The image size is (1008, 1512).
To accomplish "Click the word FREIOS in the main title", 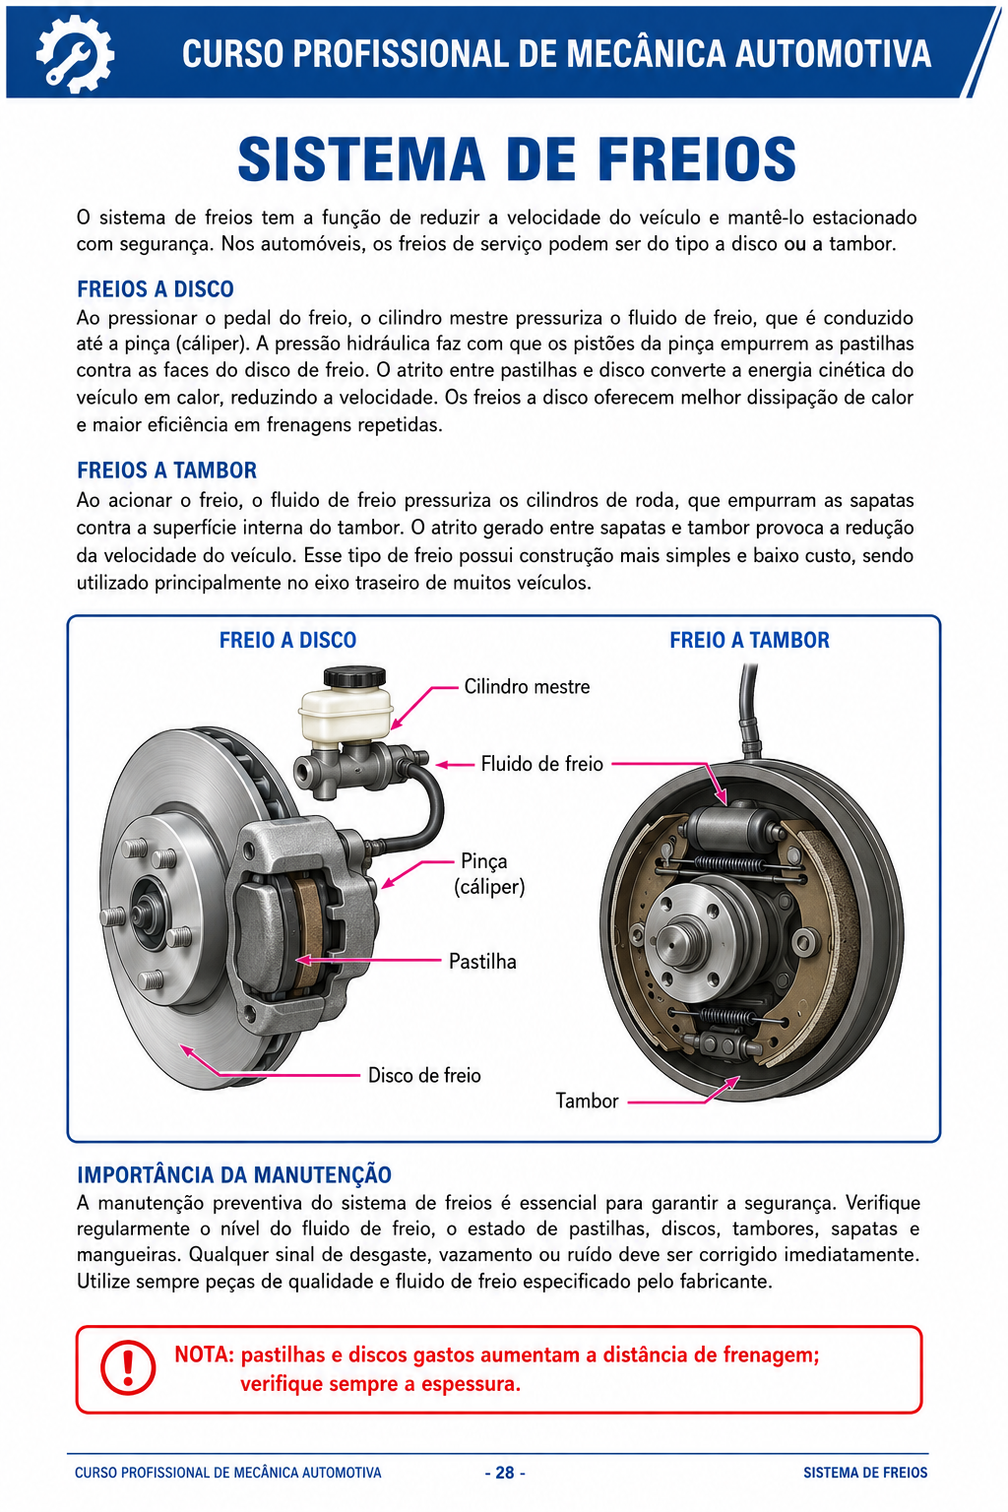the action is (x=697, y=160).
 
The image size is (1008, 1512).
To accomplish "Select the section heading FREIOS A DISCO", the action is (x=156, y=288).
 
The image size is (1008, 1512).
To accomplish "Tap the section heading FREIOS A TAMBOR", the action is (x=166, y=470).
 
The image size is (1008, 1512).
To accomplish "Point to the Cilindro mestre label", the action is (x=527, y=686).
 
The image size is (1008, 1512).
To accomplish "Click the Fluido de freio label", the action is (x=541, y=764).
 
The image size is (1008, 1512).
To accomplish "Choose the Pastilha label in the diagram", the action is (x=482, y=961).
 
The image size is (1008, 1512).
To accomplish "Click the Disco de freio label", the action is (x=424, y=1075).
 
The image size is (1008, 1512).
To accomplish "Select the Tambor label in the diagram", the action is (x=587, y=1101).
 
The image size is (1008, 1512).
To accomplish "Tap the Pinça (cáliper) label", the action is (x=489, y=873).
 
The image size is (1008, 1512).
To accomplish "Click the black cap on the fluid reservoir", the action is (x=354, y=676).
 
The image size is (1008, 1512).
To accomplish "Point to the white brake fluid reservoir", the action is (x=346, y=713).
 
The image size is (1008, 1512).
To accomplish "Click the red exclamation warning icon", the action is (x=128, y=1367).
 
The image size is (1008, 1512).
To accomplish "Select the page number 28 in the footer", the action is (x=505, y=1473).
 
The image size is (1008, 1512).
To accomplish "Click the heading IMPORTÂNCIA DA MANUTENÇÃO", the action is (x=234, y=1174).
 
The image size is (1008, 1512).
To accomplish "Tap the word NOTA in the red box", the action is (x=204, y=1354).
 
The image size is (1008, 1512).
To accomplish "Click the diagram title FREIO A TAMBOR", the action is (x=749, y=640).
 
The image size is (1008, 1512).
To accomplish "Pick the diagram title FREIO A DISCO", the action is (x=287, y=640).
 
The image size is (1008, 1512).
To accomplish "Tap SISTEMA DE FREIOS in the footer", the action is (x=865, y=1473).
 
